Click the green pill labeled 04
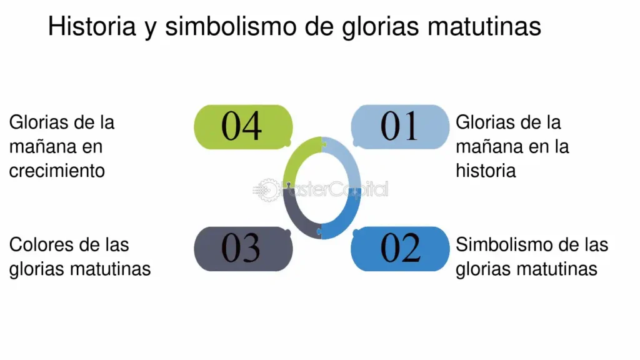[243, 127]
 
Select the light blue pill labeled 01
[400, 127]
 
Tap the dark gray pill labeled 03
[243, 249]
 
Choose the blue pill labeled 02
[400, 249]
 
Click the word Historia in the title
[92, 26]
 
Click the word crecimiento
[57, 171]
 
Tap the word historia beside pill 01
[486, 171]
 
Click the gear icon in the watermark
[267, 190]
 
